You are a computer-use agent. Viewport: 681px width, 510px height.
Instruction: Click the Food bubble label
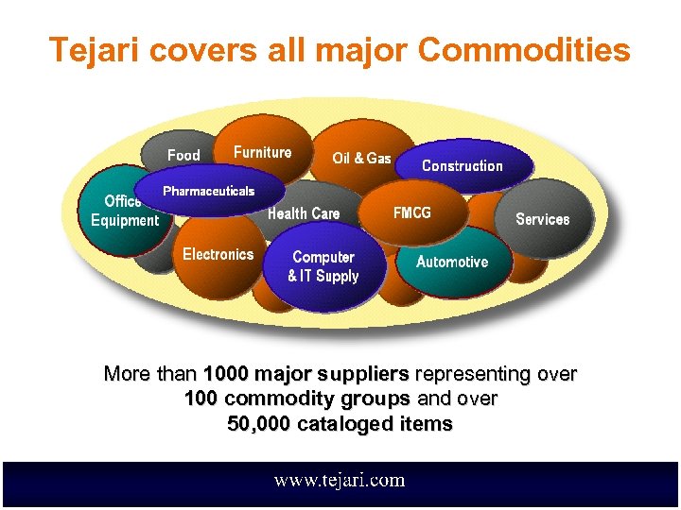(x=183, y=155)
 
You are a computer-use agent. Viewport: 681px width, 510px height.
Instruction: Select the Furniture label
(x=262, y=152)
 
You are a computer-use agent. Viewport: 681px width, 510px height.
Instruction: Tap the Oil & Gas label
(x=361, y=158)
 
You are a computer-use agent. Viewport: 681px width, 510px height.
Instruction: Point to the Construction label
(x=462, y=165)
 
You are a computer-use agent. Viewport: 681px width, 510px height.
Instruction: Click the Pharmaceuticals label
(x=208, y=191)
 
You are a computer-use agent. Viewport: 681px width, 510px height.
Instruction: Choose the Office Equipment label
(x=124, y=211)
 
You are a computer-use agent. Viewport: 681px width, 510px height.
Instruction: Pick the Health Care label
(x=304, y=213)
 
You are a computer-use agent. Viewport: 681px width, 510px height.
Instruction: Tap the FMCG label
(x=411, y=212)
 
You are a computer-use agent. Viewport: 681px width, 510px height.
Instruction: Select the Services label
(x=542, y=219)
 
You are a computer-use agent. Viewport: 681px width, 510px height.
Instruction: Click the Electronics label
(x=218, y=254)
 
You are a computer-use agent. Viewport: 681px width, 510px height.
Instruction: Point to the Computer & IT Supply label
(x=323, y=266)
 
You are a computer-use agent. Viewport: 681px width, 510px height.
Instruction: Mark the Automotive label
(x=452, y=262)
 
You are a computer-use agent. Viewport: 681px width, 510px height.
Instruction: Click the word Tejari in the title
(x=90, y=49)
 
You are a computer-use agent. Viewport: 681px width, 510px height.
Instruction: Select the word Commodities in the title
(x=524, y=49)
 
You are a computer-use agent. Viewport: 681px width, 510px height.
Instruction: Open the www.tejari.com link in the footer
(x=340, y=480)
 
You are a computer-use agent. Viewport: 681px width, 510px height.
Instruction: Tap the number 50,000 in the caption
(x=259, y=424)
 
